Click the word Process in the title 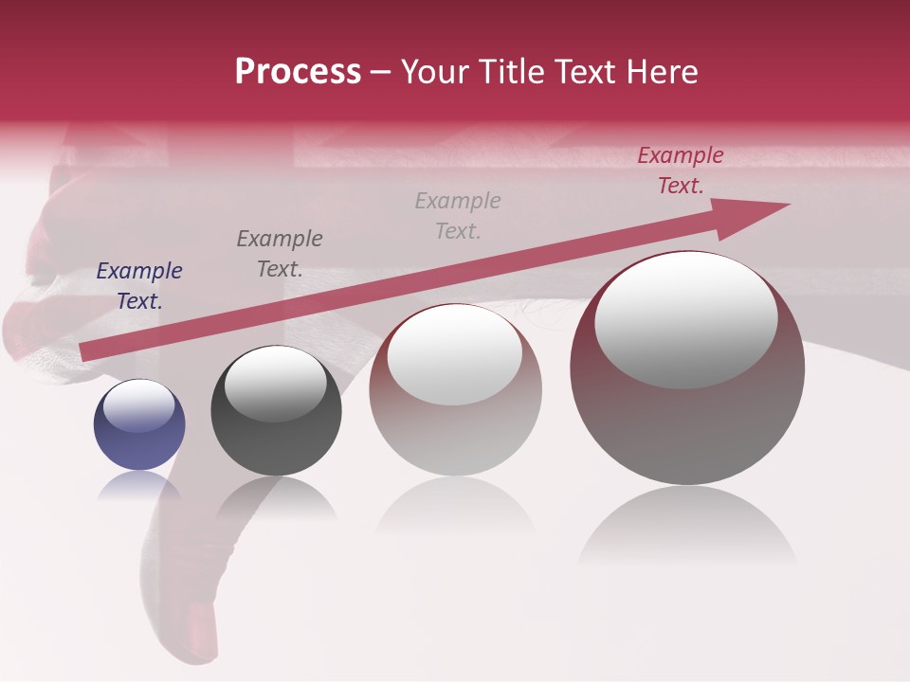tap(298, 72)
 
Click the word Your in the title tap(434, 72)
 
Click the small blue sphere tap(139, 426)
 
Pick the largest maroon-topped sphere tap(687, 369)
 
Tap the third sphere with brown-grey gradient tap(455, 390)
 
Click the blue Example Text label tap(139, 286)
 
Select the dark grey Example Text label tap(280, 254)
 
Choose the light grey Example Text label tap(458, 216)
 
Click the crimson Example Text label tap(681, 170)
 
